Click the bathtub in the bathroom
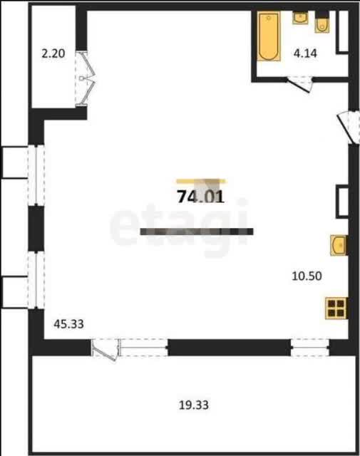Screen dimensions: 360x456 [269, 36]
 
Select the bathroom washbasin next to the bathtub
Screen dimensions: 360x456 [300, 18]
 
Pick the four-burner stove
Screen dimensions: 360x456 [336, 308]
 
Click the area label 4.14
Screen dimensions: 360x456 [305, 53]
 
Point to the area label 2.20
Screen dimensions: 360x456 [53, 53]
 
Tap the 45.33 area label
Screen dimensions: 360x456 [68, 323]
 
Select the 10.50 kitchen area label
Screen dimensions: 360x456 [307, 276]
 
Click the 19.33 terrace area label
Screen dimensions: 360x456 [193, 405]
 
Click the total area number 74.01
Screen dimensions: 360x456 [201, 197]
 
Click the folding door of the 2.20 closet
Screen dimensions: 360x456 [86, 78]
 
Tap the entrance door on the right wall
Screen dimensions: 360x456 [347, 127]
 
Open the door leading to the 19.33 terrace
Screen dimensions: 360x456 [105, 349]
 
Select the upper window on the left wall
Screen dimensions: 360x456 [36, 175]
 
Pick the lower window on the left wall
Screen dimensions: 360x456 [36, 280]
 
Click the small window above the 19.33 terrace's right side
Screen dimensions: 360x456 [310, 347]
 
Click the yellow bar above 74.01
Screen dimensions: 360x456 [201, 182]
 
